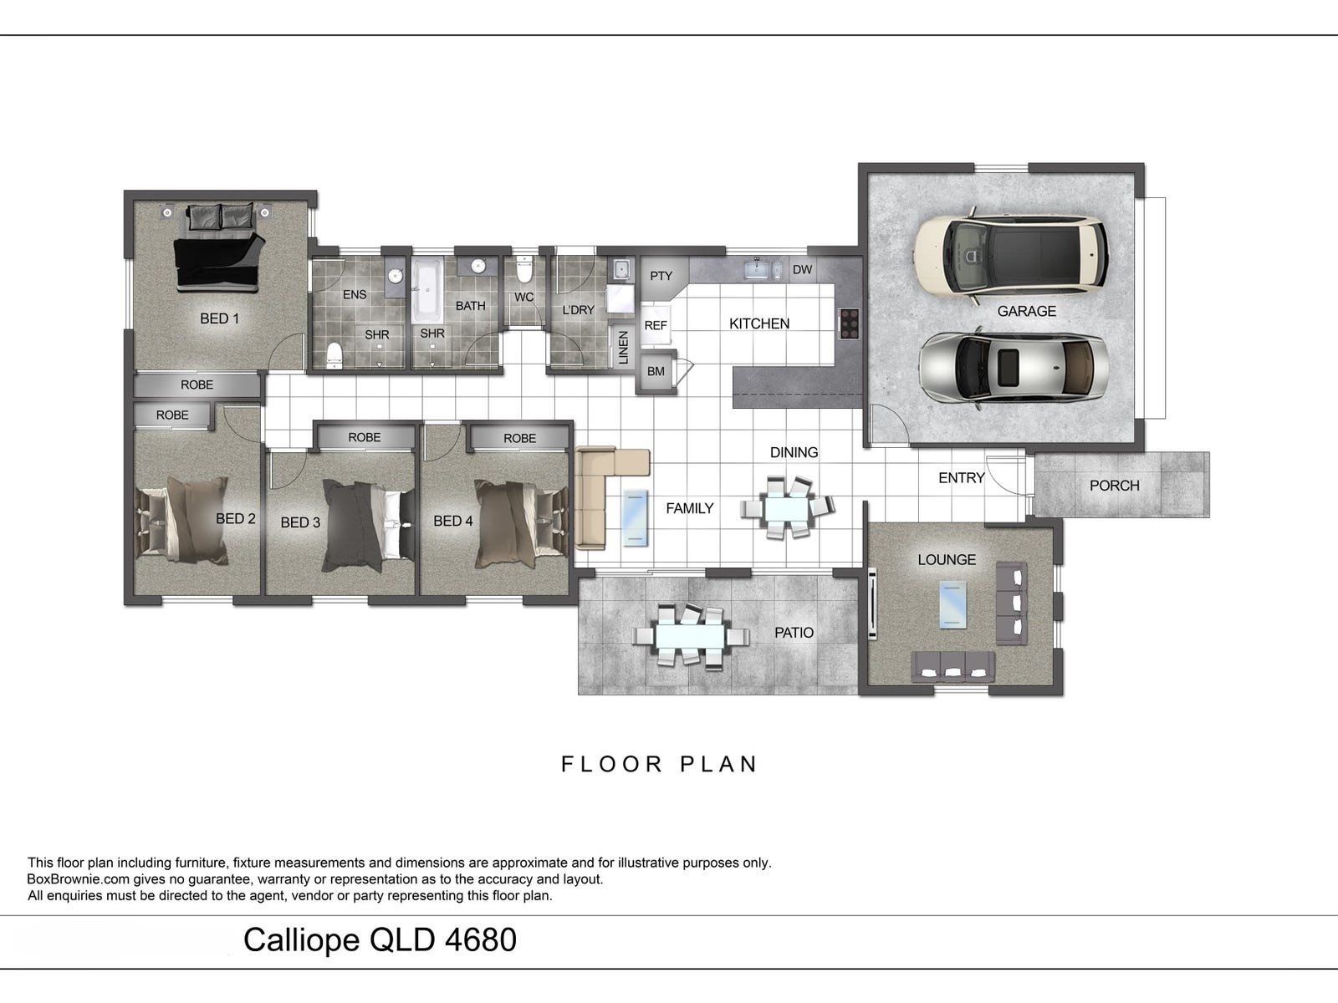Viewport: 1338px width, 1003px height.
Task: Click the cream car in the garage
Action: point(1011,256)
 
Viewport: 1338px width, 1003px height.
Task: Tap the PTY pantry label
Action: point(661,276)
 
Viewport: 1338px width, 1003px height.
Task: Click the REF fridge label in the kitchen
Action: point(656,326)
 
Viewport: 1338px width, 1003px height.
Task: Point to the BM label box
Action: point(656,371)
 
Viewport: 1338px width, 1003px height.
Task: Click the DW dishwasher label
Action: point(802,270)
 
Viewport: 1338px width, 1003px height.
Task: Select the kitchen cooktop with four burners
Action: point(849,323)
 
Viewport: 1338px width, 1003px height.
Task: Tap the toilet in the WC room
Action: point(523,269)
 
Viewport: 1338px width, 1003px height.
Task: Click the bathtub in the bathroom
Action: point(427,291)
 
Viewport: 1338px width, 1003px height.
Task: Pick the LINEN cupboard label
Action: point(623,348)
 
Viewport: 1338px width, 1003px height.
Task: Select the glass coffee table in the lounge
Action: point(952,604)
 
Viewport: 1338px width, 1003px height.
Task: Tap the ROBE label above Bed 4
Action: point(520,439)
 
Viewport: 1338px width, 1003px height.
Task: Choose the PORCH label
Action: point(1114,486)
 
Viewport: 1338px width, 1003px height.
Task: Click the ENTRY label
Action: point(962,478)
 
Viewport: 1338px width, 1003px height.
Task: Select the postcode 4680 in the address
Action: point(481,939)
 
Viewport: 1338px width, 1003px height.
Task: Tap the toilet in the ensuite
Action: point(334,355)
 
